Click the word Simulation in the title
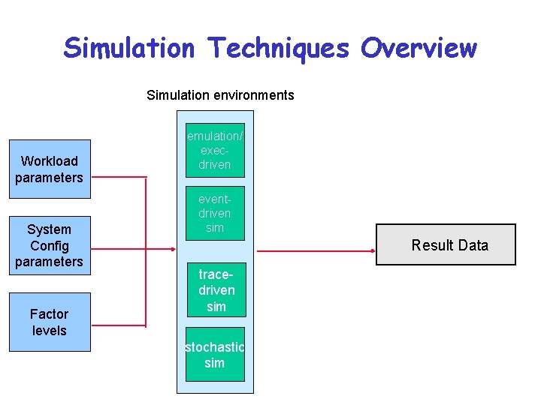click(x=128, y=48)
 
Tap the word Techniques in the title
click(x=279, y=48)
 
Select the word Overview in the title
click(x=418, y=48)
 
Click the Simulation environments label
click(x=220, y=95)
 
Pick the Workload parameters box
click(x=50, y=169)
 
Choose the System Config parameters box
click(x=50, y=245)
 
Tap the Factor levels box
click(x=50, y=322)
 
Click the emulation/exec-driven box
click(x=215, y=150)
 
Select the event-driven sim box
click(x=215, y=213)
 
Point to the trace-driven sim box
click(x=216, y=290)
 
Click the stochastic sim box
click(x=215, y=354)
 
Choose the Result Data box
click(x=446, y=244)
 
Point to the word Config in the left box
click(x=50, y=245)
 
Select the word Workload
click(x=50, y=161)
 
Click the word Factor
click(x=50, y=313)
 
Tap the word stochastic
click(x=215, y=347)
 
